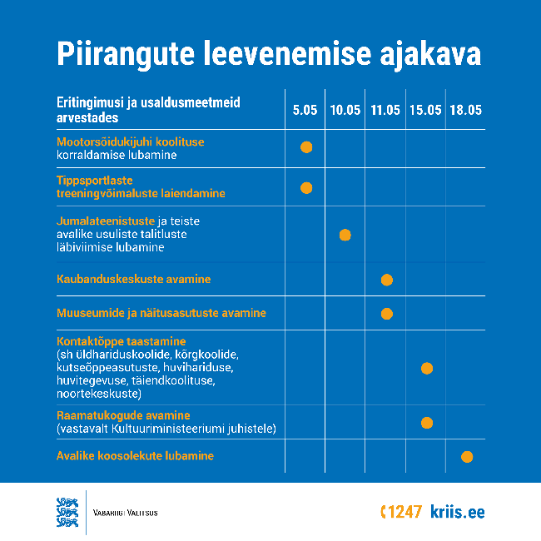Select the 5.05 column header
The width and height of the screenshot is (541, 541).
coord(305,110)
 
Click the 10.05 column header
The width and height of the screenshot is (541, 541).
coord(345,110)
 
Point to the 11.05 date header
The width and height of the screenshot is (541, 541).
coord(385,110)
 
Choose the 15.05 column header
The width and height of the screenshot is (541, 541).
coord(425,110)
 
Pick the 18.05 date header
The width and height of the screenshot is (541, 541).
coord(465,110)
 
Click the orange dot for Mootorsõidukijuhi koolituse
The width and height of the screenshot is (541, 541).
coord(306,147)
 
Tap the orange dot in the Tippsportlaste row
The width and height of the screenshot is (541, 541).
coord(306,187)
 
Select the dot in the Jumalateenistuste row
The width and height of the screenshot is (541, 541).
coord(345,235)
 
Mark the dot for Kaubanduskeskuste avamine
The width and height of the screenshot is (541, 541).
coord(386,279)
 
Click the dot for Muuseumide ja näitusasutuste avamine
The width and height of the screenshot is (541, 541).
coord(386,314)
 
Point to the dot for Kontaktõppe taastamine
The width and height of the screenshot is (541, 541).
coord(427,368)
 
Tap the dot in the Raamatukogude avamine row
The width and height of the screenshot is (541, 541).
coord(427,422)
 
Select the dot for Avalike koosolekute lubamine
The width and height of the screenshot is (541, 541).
coord(467,456)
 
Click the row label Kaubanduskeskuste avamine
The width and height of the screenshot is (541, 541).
coord(133,279)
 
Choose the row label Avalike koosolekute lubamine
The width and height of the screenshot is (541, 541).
coord(135,456)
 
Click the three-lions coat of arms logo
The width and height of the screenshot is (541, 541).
coord(67,511)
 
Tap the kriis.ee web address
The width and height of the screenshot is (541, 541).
coord(457,512)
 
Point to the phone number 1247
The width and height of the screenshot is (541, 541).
coord(404,512)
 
